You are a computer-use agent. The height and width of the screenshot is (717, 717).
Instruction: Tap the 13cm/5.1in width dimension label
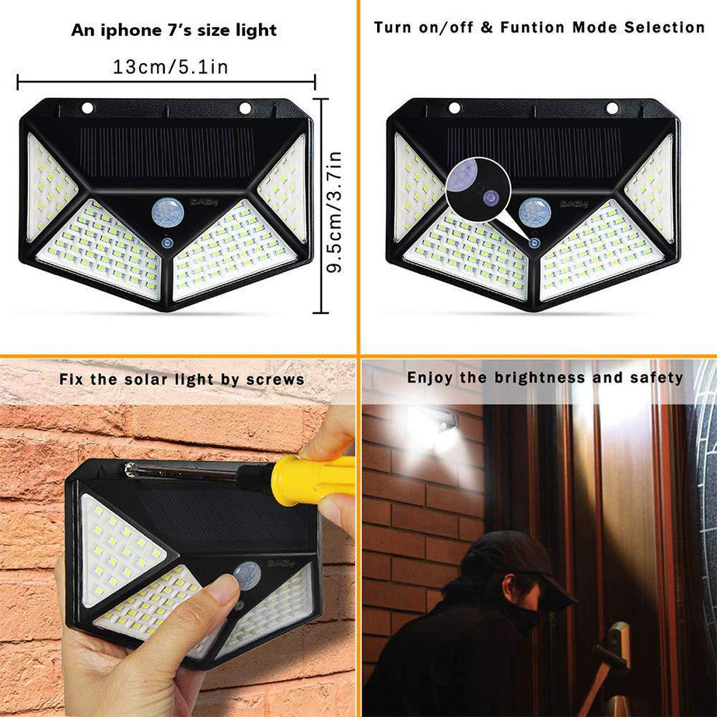click(171, 66)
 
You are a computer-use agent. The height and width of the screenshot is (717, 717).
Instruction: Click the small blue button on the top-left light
click(166, 243)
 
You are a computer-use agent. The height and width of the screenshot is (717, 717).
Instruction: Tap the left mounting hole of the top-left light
click(87, 107)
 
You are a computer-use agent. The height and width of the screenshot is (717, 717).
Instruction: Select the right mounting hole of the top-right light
click(612, 107)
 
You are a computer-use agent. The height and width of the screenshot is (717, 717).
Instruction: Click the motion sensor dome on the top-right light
click(535, 212)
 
